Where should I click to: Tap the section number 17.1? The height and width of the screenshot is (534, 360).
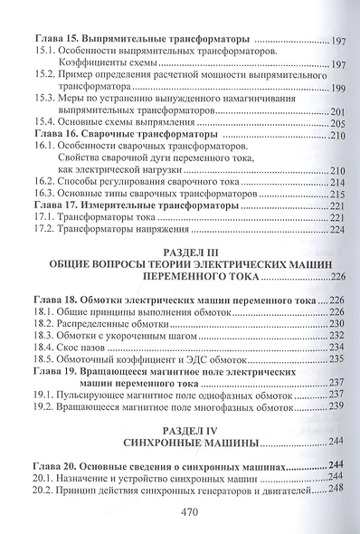coord(44,218)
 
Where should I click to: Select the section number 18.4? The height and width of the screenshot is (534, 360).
coord(44,347)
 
